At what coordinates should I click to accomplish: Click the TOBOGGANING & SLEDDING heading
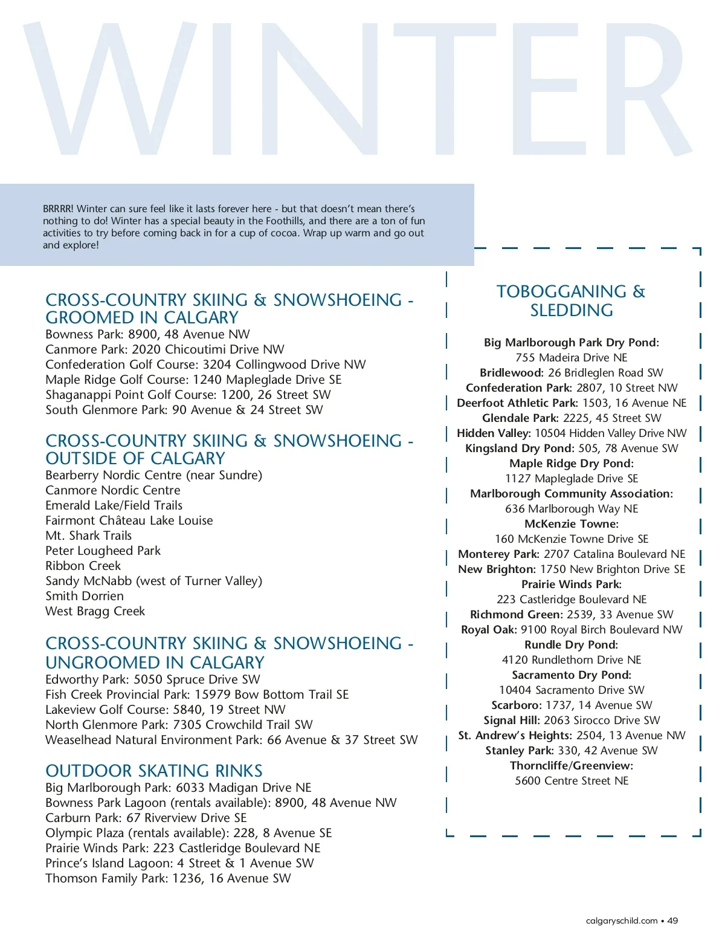571,300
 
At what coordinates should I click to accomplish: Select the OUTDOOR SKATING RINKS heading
154,771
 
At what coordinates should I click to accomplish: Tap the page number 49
672,921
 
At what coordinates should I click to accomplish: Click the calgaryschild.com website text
622,921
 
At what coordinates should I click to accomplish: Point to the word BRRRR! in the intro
58,209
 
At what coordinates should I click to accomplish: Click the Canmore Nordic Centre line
113,490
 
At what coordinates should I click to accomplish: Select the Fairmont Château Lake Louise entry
129,520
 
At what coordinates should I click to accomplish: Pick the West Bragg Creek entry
95,611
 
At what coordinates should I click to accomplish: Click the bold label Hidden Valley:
494,433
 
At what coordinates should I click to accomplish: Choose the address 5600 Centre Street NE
572,780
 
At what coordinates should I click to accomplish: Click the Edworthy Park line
153,679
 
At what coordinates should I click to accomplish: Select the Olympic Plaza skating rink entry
188,833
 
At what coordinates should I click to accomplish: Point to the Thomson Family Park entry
168,878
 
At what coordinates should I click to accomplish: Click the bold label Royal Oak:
489,629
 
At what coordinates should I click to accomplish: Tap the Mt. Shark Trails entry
89,536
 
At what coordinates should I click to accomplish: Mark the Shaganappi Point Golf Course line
188,395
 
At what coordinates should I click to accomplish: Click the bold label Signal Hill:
512,720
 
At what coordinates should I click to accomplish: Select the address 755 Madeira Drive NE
572,357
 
